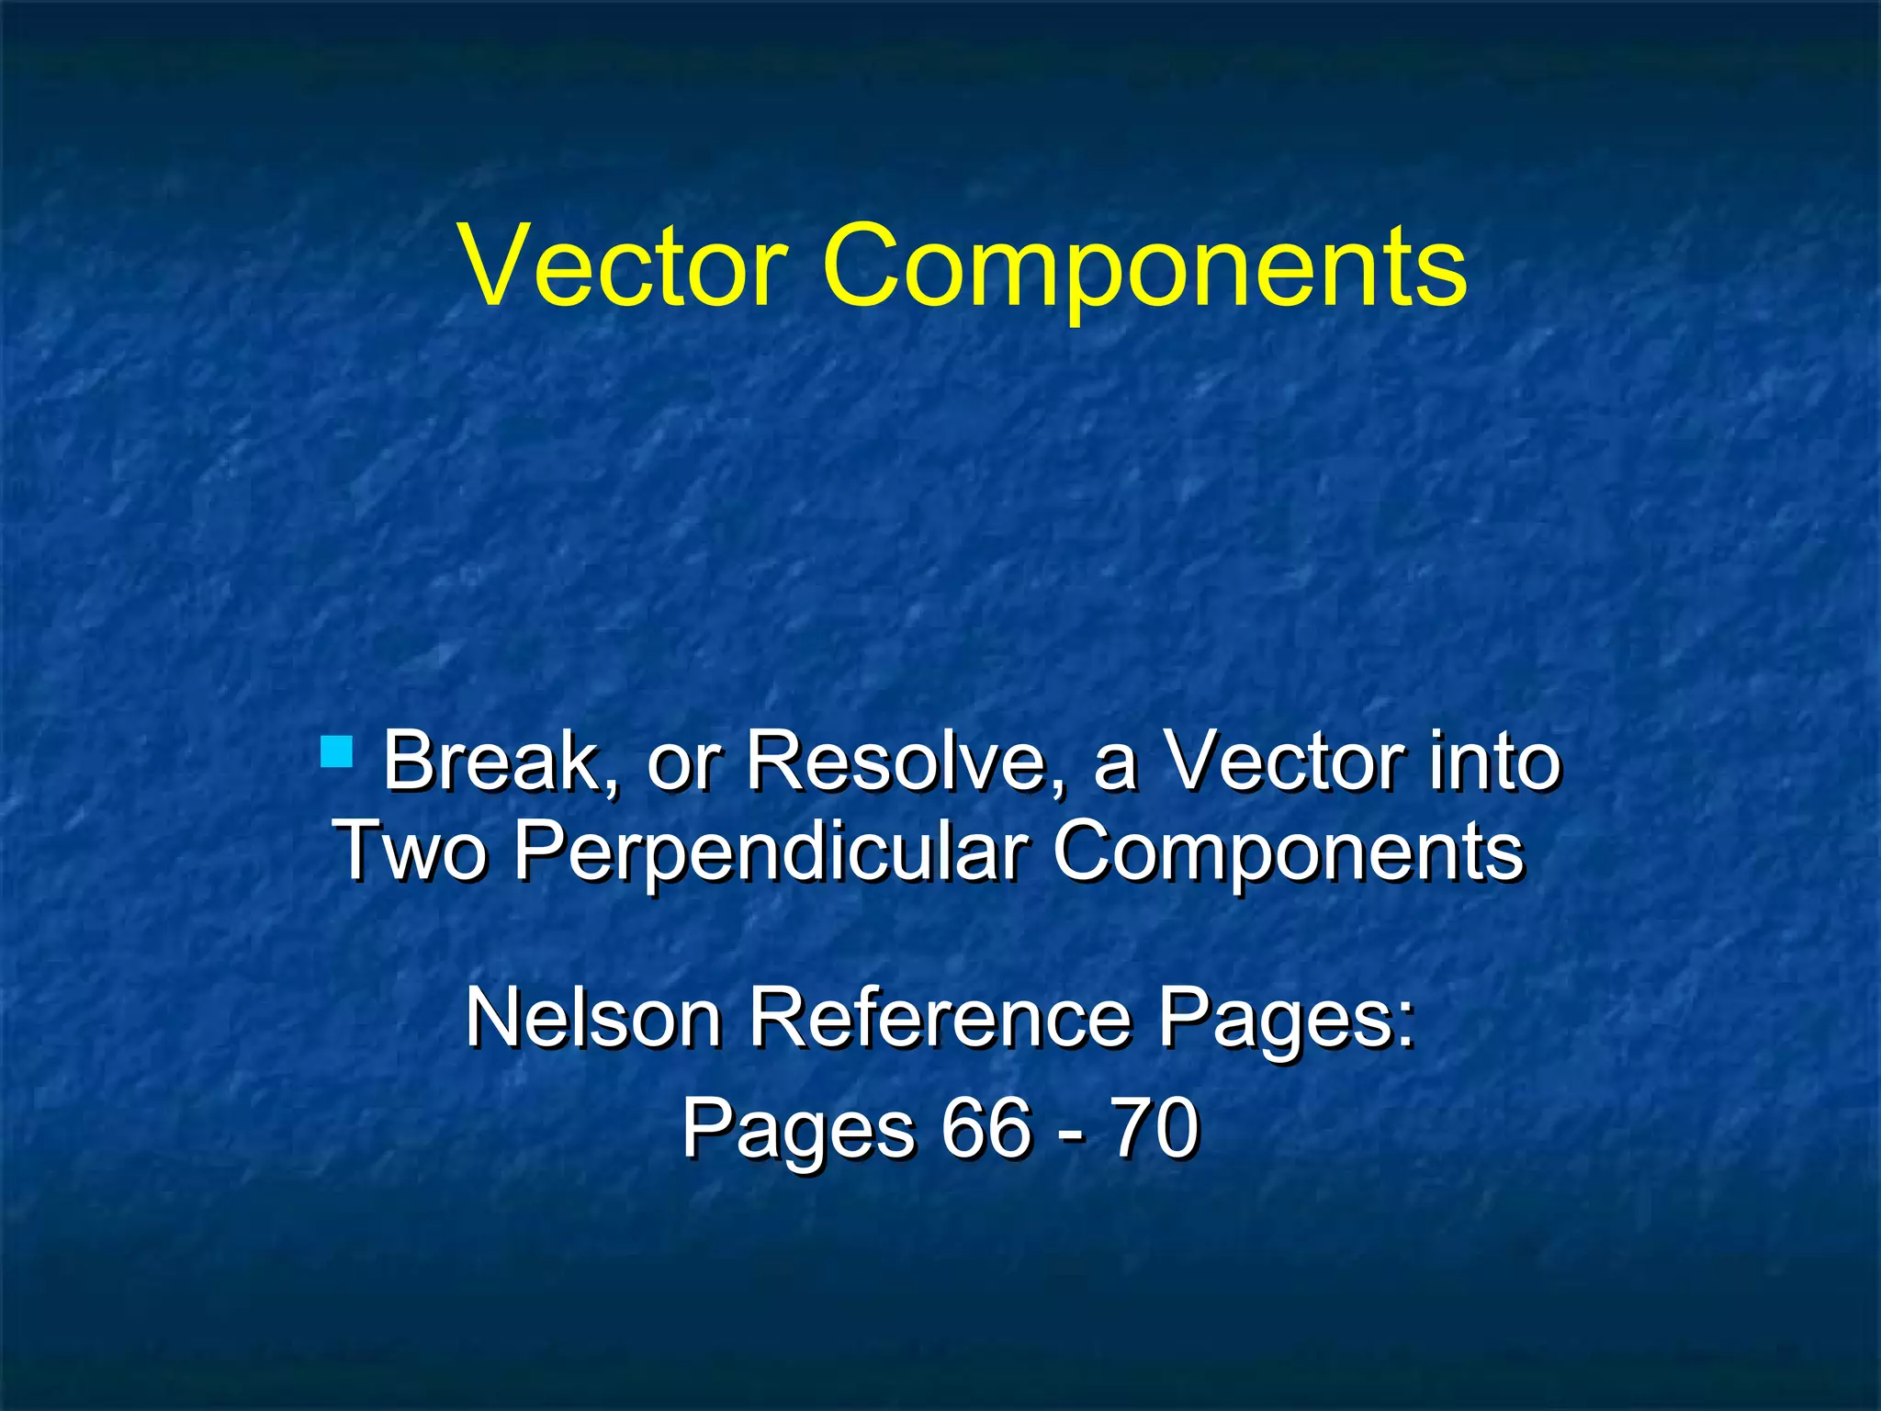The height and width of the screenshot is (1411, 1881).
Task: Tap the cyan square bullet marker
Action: pos(338,751)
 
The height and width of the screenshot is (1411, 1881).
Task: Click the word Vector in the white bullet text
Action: pos(1284,762)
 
